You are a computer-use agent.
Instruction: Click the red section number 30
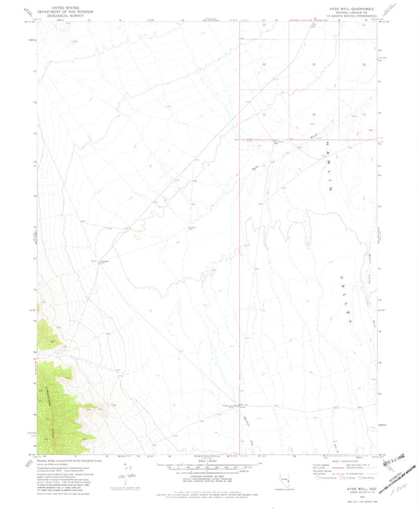click(x=264, y=64)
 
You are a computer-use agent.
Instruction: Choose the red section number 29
click(x=314, y=64)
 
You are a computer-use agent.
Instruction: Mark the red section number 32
click(x=314, y=115)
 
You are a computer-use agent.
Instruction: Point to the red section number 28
click(x=362, y=64)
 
